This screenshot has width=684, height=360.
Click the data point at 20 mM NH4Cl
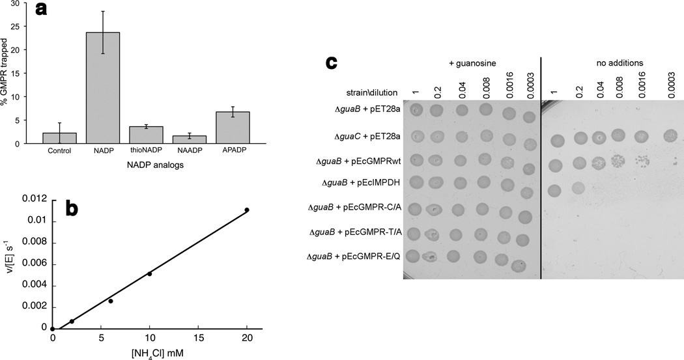pyautogui.click(x=247, y=210)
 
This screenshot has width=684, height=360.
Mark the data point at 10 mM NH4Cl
pyautogui.click(x=150, y=273)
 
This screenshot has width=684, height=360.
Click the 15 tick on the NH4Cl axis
pyautogui.click(x=199, y=340)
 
